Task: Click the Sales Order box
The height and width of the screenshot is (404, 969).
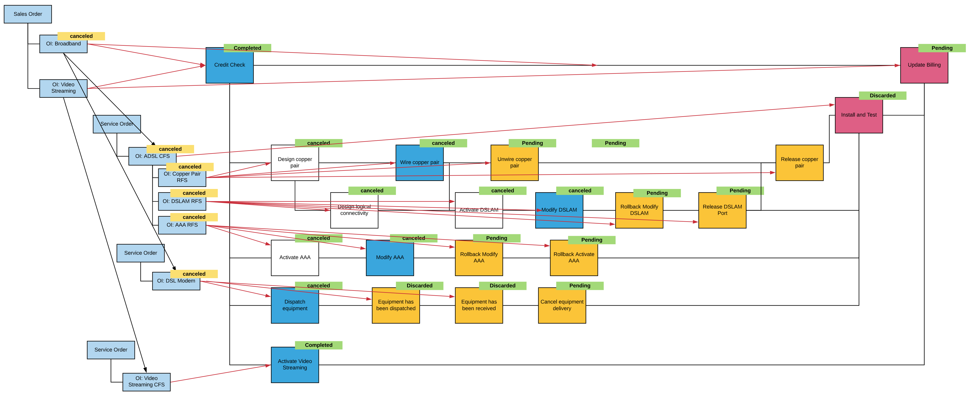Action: tap(28, 14)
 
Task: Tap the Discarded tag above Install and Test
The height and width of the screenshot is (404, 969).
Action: tap(882, 96)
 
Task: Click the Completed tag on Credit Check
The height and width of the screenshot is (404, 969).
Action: tap(247, 48)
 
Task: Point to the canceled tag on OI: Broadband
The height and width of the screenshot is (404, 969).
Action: tap(81, 36)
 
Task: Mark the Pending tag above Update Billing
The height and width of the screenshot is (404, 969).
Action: tap(942, 48)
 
